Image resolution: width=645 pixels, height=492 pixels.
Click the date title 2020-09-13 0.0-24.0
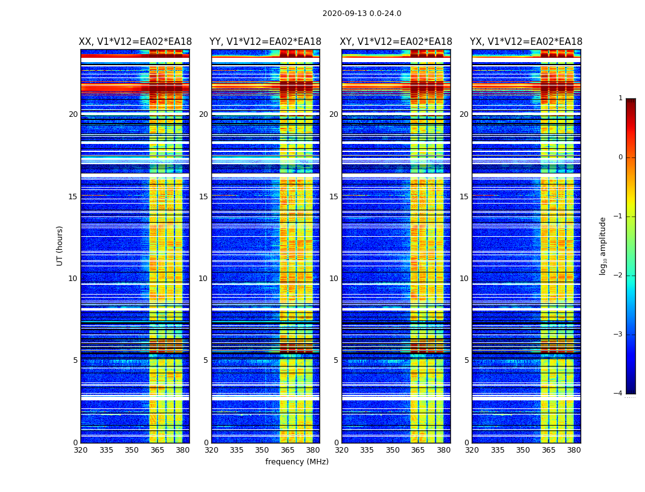click(x=362, y=14)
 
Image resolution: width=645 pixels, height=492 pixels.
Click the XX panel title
click(x=135, y=42)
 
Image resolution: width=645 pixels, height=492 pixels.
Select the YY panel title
click(x=265, y=42)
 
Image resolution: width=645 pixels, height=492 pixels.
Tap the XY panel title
click(x=396, y=42)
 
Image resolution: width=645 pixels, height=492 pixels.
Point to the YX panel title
click(x=526, y=42)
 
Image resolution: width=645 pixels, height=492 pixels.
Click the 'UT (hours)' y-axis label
click(x=60, y=245)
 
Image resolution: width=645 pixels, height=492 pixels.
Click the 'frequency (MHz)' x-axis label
click(x=297, y=462)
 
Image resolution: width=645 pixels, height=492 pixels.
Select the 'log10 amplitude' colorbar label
click(x=603, y=245)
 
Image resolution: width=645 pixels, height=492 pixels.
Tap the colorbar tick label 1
click(x=620, y=98)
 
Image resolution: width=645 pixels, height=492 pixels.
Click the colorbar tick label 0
click(x=620, y=157)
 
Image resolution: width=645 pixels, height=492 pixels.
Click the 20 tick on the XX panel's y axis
click(x=73, y=114)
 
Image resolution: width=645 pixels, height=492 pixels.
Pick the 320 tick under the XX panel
click(x=80, y=450)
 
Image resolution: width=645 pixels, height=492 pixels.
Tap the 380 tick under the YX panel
click(x=574, y=450)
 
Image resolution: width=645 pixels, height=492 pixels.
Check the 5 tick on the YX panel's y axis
click(x=466, y=360)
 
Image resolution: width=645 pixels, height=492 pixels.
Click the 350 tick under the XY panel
click(x=393, y=450)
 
